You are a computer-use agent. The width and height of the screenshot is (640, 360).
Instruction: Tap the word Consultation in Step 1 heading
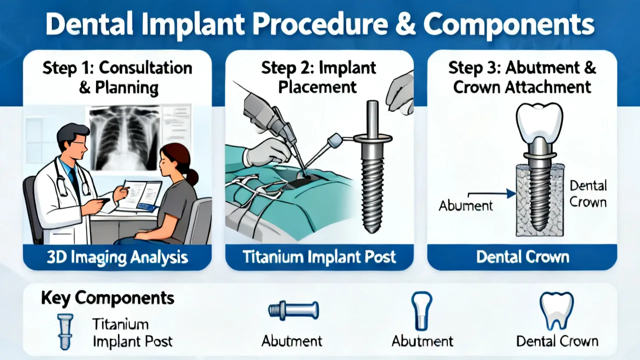pyautogui.click(x=145, y=68)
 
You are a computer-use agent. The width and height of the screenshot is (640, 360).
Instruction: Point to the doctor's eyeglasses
pyautogui.click(x=79, y=143)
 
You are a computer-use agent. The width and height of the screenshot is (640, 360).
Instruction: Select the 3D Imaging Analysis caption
pyautogui.click(x=117, y=257)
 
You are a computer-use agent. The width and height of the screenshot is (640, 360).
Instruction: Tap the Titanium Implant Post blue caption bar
pyautogui.click(x=319, y=257)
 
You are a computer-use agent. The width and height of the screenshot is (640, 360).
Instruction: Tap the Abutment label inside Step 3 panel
pyautogui.click(x=465, y=205)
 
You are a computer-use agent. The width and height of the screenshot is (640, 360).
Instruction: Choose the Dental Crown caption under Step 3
pyautogui.click(x=522, y=257)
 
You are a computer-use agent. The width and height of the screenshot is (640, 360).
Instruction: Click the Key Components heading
pyautogui.click(x=107, y=298)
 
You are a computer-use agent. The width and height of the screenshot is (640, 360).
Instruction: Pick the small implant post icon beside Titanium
pyautogui.click(x=65, y=331)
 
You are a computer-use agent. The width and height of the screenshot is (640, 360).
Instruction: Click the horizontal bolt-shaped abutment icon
pyautogui.click(x=293, y=310)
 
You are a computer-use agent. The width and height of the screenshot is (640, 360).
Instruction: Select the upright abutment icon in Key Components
pyautogui.click(x=421, y=311)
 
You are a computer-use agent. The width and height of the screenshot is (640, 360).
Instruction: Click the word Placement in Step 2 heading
pyautogui.click(x=317, y=87)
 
